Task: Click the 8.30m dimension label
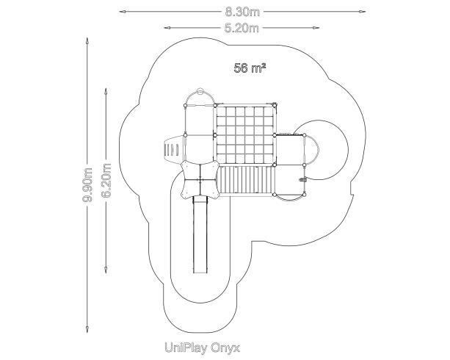[242, 12]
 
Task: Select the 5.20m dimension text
[242, 28]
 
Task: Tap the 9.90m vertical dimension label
[87, 185]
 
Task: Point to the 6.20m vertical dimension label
[106, 181]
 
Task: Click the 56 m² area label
[250, 68]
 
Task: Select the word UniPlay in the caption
[186, 348]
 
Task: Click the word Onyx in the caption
[225, 348]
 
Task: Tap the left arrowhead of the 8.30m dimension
[122, 12]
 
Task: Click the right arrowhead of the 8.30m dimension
[363, 12]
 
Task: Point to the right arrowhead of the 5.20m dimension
[316, 28]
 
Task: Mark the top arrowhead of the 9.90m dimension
[87, 41]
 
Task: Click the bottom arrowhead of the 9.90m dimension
[87, 330]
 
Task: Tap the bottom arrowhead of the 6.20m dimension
[106, 270]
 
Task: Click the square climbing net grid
[244, 135]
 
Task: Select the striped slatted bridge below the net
[245, 180]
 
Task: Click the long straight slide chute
[200, 234]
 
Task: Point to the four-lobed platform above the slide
[200, 180]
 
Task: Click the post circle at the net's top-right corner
[275, 106]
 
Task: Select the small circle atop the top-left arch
[200, 90]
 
